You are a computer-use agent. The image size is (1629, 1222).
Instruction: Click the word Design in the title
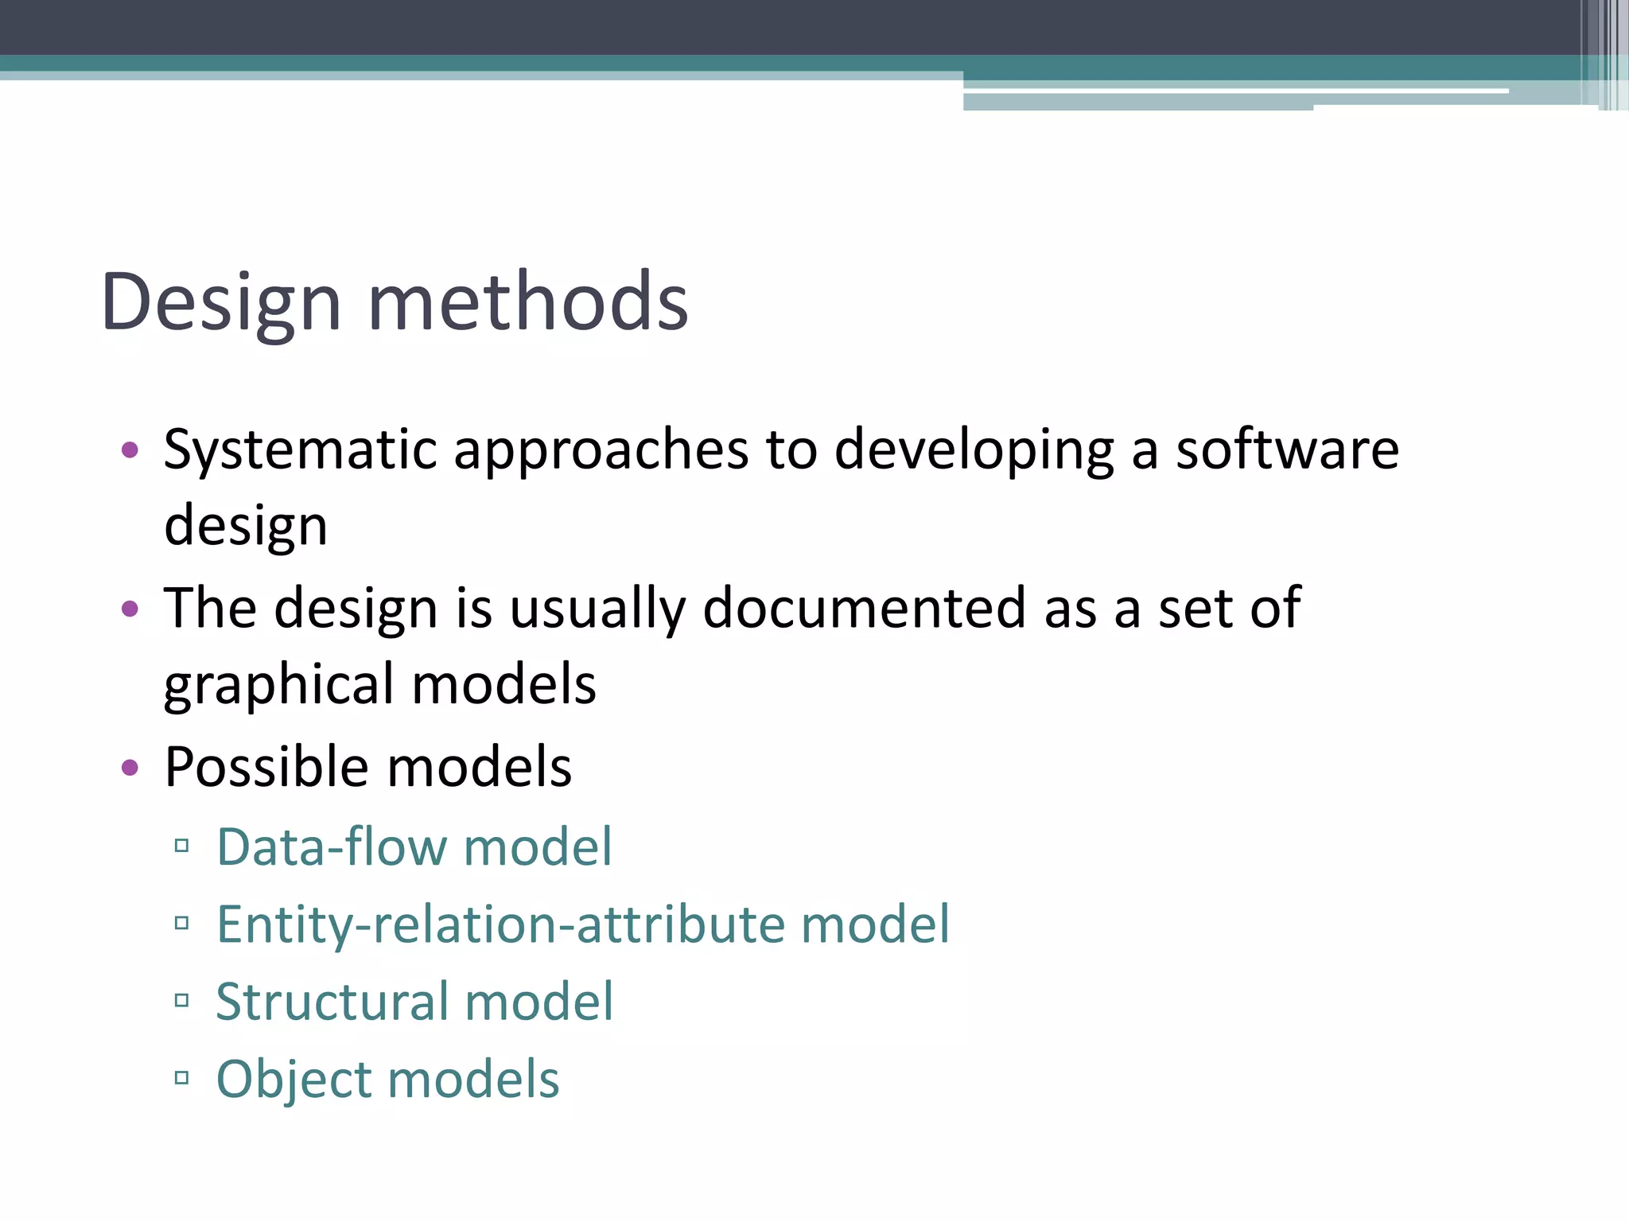(x=221, y=302)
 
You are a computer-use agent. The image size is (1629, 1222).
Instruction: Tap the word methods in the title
(x=528, y=302)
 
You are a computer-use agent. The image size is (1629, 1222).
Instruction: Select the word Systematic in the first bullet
(x=300, y=450)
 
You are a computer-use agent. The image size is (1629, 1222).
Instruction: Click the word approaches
(x=601, y=450)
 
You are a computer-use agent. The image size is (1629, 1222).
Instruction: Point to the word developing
(x=974, y=450)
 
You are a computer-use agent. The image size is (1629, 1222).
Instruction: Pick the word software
(x=1287, y=450)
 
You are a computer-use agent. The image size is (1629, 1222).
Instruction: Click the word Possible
(x=266, y=767)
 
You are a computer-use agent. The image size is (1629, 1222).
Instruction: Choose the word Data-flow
(x=331, y=846)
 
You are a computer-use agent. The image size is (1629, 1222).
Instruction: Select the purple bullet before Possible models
(x=130, y=768)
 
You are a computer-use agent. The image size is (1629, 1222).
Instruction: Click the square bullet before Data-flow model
(x=181, y=846)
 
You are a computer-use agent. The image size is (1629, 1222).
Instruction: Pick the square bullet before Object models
(x=181, y=1079)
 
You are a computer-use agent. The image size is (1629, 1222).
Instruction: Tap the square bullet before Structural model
(x=181, y=1001)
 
